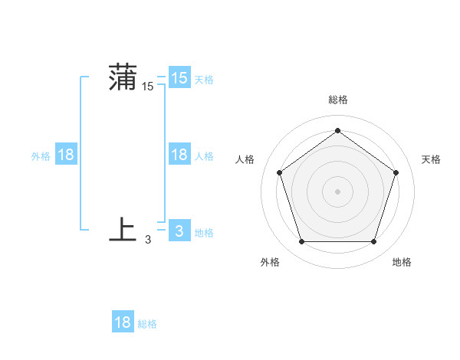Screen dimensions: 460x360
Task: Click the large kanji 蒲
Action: click(122, 79)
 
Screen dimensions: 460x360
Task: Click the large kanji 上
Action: click(123, 230)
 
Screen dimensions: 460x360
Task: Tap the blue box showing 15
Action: click(179, 78)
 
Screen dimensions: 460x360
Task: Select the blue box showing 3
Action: click(179, 231)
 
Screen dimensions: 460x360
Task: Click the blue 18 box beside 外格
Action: click(66, 155)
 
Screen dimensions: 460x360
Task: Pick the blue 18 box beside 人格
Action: click(179, 155)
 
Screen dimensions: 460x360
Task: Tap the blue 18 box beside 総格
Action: click(123, 322)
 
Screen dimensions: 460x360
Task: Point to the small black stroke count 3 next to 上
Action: click(148, 240)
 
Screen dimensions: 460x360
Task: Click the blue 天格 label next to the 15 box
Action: click(203, 80)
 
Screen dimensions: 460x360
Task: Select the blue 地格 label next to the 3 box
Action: click(204, 233)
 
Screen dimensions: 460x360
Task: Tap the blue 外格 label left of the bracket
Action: click(41, 156)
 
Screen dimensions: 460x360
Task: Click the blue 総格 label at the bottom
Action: click(147, 324)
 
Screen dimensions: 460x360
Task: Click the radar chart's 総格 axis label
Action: click(337, 100)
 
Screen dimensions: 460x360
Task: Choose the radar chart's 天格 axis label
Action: click(431, 159)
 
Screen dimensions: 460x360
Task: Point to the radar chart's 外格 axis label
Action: click(270, 262)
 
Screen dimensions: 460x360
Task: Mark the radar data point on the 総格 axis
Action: click(337, 131)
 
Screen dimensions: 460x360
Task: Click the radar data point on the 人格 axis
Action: click(280, 172)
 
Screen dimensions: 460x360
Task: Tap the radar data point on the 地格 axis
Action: click(373, 241)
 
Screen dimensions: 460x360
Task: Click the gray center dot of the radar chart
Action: click(337, 191)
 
